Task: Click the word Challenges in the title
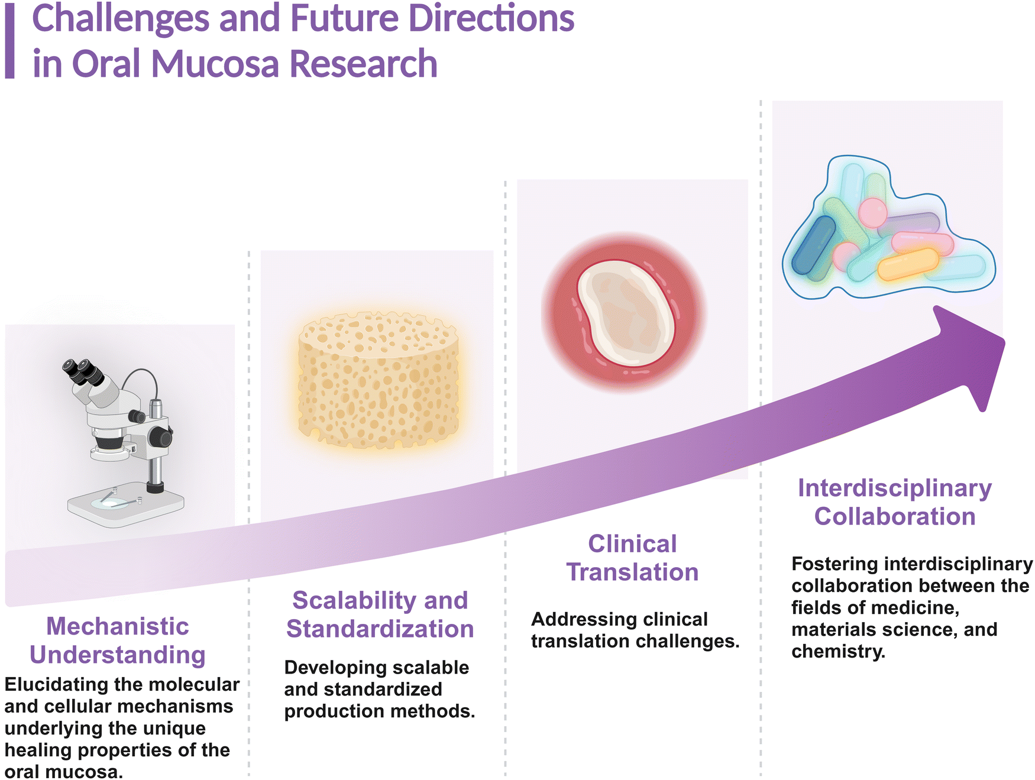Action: click(x=121, y=19)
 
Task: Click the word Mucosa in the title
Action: click(x=215, y=64)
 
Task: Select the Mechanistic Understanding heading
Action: click(x=118, y=640)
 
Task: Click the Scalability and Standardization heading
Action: click(x=380, y=614)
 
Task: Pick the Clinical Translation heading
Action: click(x=632, y=558)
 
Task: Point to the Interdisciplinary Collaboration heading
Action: click(x=895, y=502)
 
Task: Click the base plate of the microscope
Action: click(x=125, y=504)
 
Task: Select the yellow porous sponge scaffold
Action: click(x=379, y=381)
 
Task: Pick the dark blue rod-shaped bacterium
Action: click(x=814, y=245)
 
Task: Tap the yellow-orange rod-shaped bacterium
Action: click(x=908, y=264)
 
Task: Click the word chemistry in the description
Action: click(x=838, y=652)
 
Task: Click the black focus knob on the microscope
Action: click(x=160, y=437)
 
